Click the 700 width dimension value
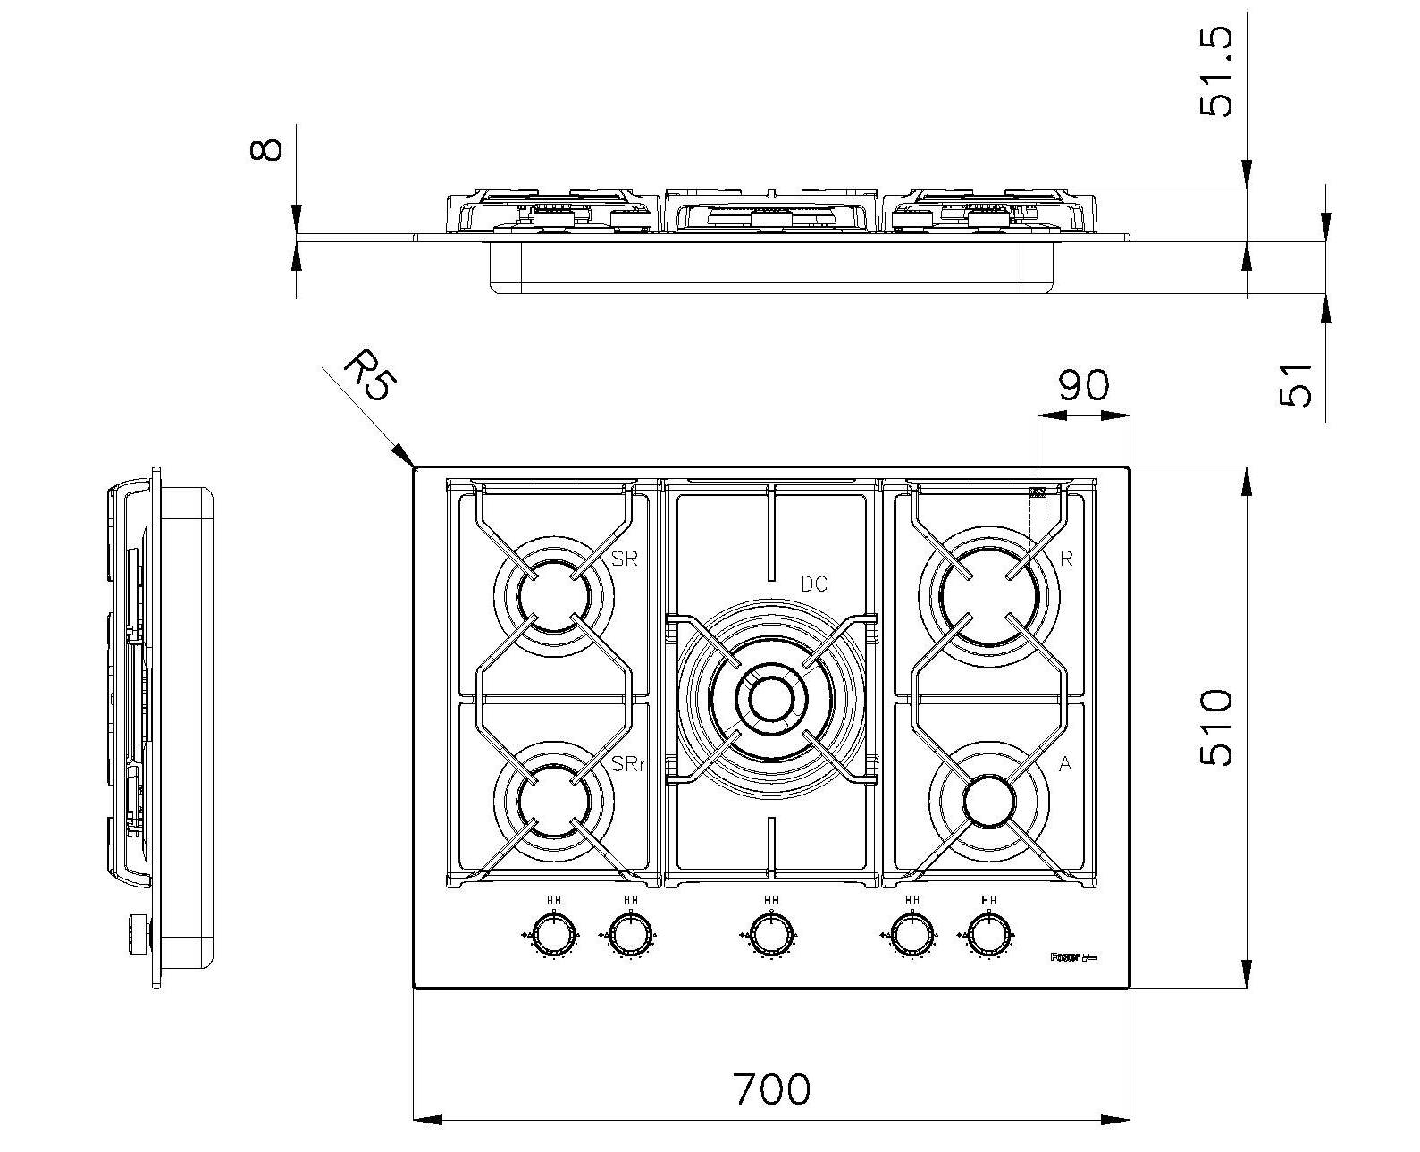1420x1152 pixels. click(x=771, y=1088)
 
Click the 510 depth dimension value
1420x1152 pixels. click(x=1216, y=727)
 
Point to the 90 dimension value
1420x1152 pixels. click(x=1083, y=385)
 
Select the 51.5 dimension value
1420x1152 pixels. click(x=1215, y=72)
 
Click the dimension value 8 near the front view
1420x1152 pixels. click(x=266, y=148)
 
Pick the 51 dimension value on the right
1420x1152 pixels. click(x=1296, y=383)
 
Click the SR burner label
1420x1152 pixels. click(x=625, y=559)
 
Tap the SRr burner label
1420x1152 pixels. click(x=629, y=764)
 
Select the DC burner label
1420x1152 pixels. click(x=813, y=584)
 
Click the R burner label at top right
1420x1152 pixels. click(x=1065, y=559)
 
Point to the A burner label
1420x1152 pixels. click(x=1065, y=764)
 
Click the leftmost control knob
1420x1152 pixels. click(x=554, y=936)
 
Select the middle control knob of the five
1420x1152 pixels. click(x=770, y=936)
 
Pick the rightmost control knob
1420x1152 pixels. click(x=988, y=936)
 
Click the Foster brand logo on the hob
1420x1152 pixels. click(x=1071, y=957)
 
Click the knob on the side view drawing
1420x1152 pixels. click(x=139, y=930)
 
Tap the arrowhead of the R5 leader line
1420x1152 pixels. click(x=409, y=462)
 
